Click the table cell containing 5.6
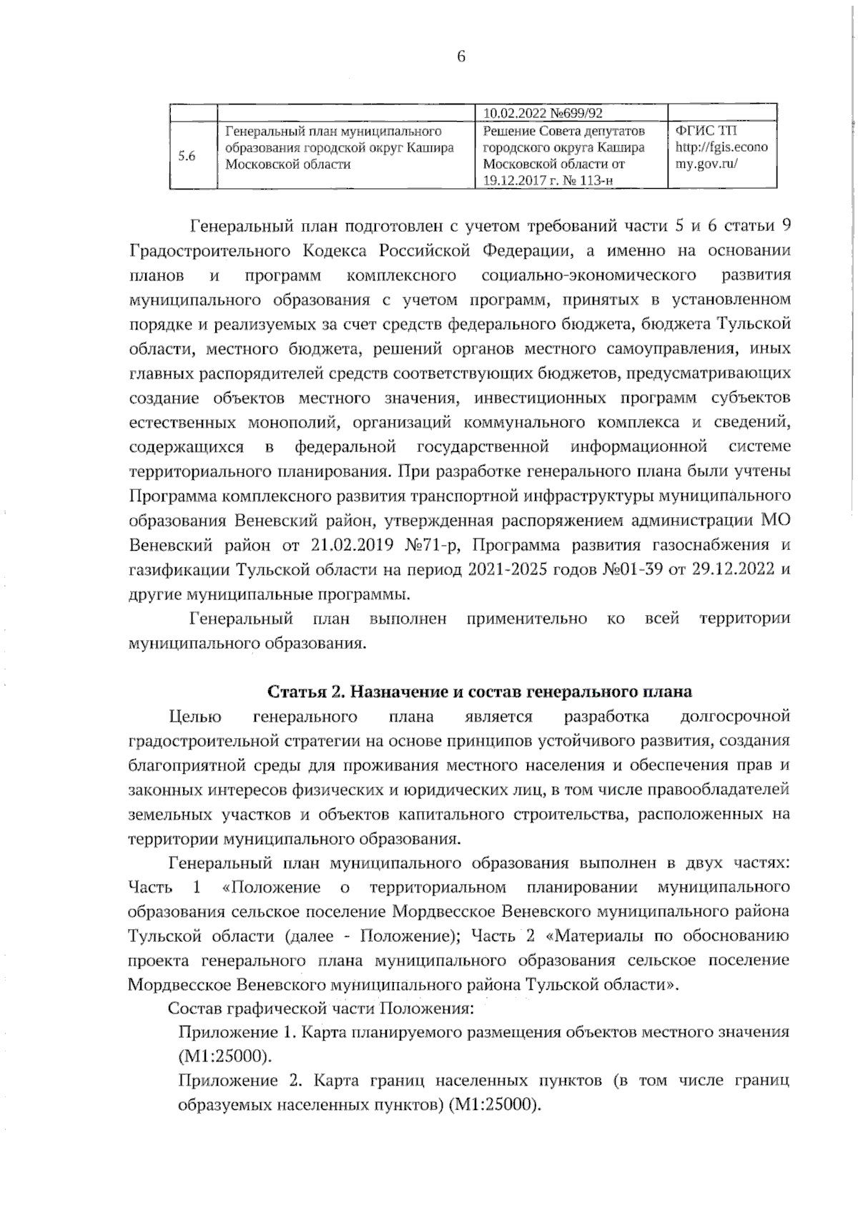click(x=187, y=156)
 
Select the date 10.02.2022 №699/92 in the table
click(x=543, y=113)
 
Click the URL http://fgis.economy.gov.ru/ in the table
click(x=721, y=155)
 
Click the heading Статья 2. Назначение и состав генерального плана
click(x=480, y=692)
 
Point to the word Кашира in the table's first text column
click(x=429, y=148)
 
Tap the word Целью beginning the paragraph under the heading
click(x=195, y=717)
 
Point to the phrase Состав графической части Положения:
click(x=320, y=1008)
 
